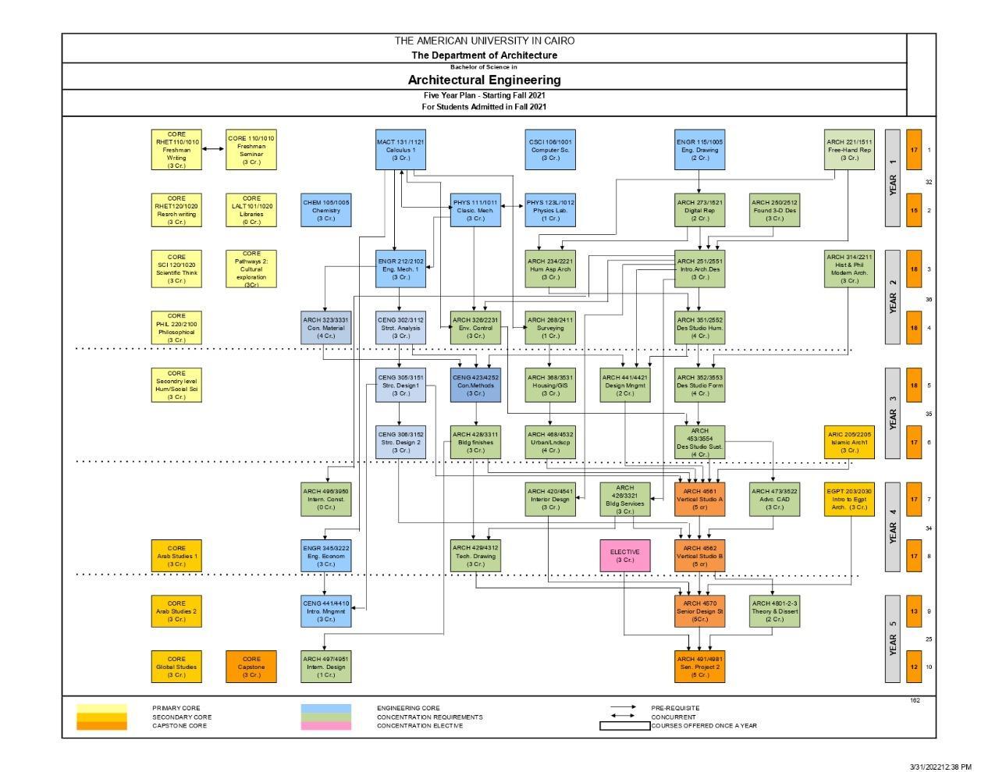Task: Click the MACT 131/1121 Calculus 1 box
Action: (400, 149)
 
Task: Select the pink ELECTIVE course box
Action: (624, 556)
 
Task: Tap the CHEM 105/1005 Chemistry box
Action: (325, 210)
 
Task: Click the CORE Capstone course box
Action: (251, 667)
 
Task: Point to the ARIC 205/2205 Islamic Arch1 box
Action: (849, 442)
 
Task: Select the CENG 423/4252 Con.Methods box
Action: (475, 385)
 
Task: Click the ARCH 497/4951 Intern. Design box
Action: (325, 667)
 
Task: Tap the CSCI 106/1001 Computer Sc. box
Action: (550, 149)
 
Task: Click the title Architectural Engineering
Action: (484, 80)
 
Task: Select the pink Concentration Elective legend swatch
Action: (325, 726)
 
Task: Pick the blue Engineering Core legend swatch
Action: (325, 709)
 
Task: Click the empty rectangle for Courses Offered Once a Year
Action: (624, 726)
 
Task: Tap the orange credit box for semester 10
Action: (913, 667)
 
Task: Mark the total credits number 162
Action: (915, 700)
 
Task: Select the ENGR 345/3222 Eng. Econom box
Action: (325, 556)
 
